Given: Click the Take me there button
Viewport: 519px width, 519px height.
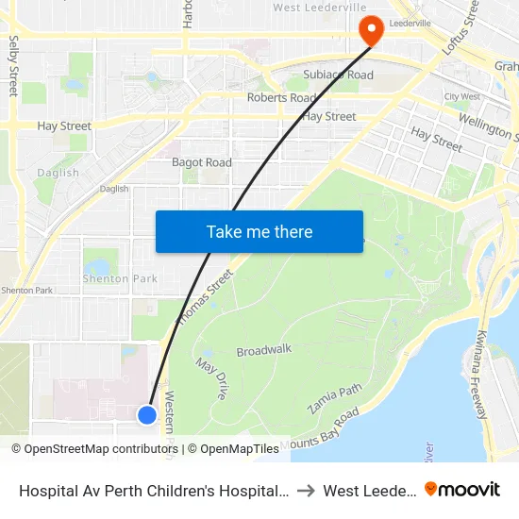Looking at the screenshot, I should [x=259, y=231].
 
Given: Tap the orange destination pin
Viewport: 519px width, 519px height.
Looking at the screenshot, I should [x=373, y=29].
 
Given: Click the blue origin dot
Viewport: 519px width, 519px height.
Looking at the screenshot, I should [x=146, y=414].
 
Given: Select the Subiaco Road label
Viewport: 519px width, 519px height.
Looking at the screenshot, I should [x=338, y=75].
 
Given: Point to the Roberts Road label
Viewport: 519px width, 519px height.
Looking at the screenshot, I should [x=281, y=97].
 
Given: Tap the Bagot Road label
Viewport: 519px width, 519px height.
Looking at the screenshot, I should [x=201, y=162].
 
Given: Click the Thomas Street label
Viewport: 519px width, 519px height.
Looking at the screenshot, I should [x=204, y=294].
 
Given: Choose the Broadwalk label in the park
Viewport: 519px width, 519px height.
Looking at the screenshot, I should [x=264, y=349].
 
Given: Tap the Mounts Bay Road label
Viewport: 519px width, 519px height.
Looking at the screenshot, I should [x=320, y=428].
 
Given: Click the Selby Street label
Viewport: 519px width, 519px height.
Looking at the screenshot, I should [x=13, y=66].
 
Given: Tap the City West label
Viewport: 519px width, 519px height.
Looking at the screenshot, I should [x=463, y=97].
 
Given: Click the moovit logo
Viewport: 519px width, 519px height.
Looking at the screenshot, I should [x=461, y=490].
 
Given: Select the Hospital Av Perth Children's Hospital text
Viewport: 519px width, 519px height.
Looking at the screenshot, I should [x=151, y=491].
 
